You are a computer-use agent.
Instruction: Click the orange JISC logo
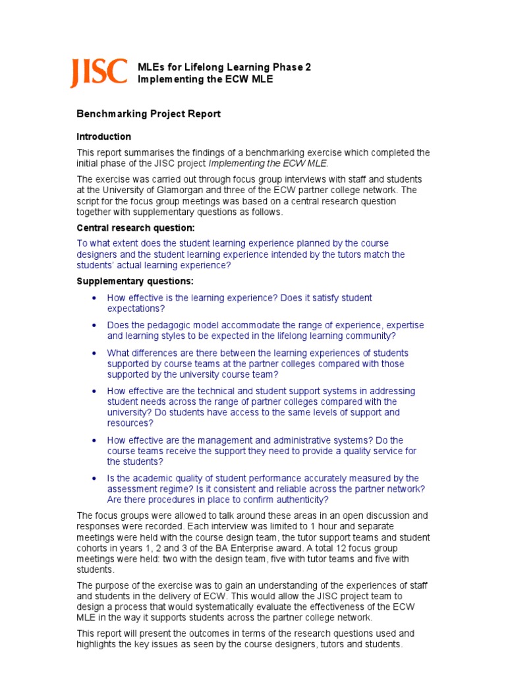(99, 73)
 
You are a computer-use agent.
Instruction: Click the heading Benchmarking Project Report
(148, 114)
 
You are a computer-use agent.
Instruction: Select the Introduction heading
(104, 136)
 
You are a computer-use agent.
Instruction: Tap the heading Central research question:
(136, 227)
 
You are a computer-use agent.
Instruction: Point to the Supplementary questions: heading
(135, 281)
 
